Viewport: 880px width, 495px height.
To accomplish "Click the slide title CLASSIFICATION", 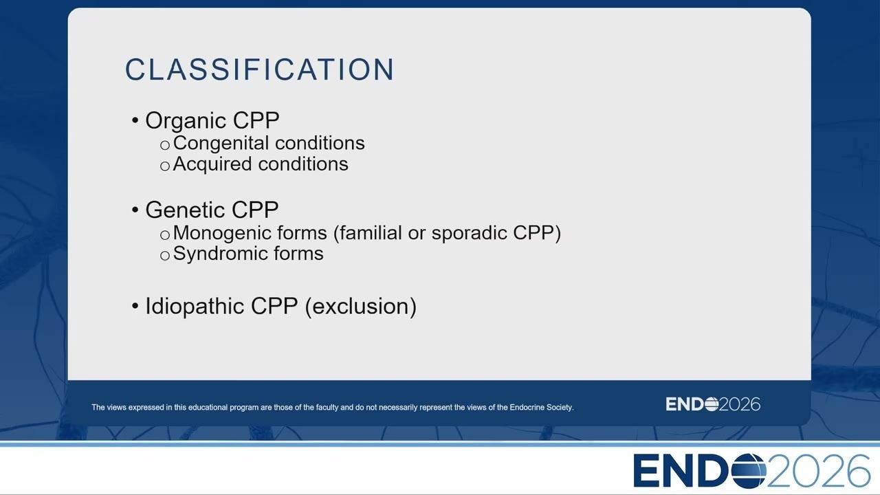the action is (260, 69).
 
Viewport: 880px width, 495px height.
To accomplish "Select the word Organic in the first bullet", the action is (186, 121).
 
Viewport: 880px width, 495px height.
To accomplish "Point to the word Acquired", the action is (212, 164).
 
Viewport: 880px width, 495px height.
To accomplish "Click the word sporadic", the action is (470, 233).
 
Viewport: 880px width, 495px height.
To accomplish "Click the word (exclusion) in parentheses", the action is (360, 307).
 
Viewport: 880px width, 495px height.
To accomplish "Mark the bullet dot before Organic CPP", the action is (135, 120).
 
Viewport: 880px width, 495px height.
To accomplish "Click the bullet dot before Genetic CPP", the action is (135, 210).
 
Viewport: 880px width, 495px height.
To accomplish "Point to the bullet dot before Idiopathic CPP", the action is (135, 306).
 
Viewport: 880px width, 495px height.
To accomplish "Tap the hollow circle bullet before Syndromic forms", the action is (165, 256).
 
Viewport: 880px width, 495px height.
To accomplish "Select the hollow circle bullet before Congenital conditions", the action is (165, 145).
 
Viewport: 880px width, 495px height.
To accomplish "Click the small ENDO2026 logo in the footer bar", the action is (713, 404).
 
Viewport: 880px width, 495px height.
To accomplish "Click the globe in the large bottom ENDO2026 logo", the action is (749, 471).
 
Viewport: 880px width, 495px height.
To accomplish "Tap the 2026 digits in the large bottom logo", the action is (818, 471).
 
